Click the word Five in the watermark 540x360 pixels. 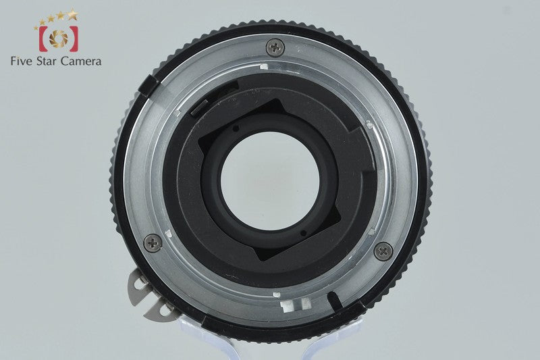coord(22,61)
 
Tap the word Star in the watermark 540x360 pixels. coord(47,61)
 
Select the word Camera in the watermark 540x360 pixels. coord(80,61)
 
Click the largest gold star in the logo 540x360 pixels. coord(72,15)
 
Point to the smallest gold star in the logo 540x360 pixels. coord(36,28)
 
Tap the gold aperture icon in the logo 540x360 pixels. coord(59,38)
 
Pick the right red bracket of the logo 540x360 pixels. coord(74,38)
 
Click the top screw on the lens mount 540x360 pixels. coord(275,47)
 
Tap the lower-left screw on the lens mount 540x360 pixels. coord(153,243)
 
